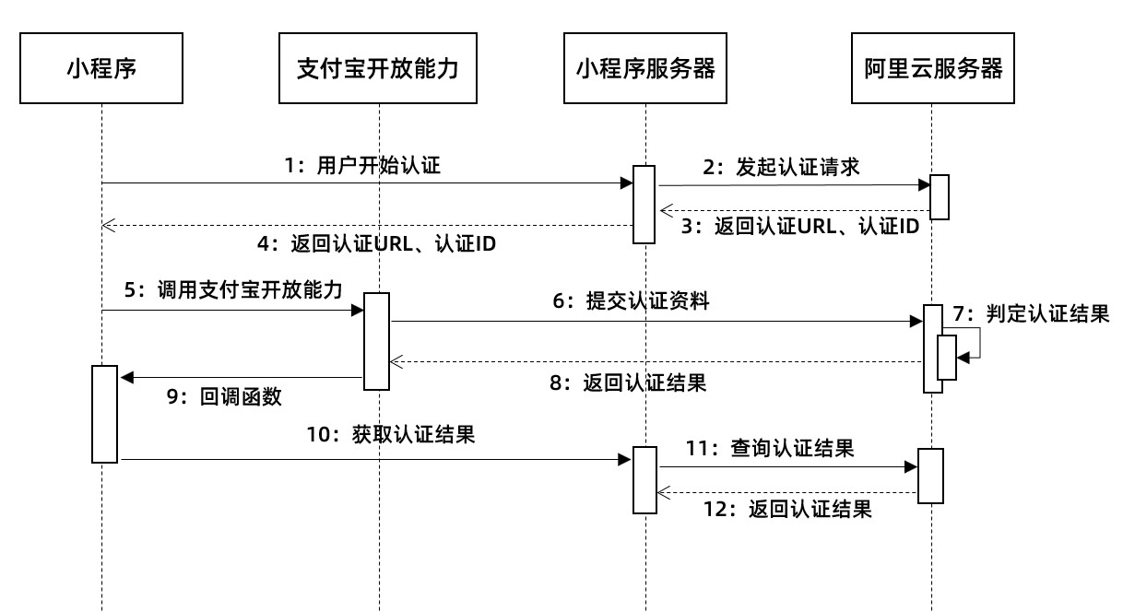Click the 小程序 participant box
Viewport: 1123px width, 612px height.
click(101, 68)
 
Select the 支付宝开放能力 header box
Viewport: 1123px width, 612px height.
click(377, 68)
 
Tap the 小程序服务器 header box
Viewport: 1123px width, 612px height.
click(645, 68)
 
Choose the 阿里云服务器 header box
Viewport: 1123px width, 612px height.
click(932, 68)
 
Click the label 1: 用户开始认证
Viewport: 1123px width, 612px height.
click(362, 165)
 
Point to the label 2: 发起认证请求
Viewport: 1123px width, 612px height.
click(781, 168)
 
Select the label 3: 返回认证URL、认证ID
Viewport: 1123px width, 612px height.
click(800, 227)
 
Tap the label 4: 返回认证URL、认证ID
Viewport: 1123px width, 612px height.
click(376, 244)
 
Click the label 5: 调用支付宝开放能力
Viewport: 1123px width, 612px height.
click(233, 290)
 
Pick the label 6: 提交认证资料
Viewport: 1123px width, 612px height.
click(631, 301)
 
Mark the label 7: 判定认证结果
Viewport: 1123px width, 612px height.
click(1031, 314)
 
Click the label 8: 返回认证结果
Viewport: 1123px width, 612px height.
click(628, 383)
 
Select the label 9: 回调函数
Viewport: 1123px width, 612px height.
click(224, 397)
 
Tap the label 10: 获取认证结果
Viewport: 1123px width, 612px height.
click(391, 434)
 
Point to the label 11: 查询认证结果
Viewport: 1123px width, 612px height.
click(770, 449)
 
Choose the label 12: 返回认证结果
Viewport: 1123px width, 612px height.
click(787, 510)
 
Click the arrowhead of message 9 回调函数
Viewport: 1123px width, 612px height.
click(127, 377)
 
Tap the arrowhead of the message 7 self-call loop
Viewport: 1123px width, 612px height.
click(963, 358)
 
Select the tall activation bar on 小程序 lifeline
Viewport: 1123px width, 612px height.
click(104, 414)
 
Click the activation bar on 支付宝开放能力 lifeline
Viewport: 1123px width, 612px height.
click(376, 341)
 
